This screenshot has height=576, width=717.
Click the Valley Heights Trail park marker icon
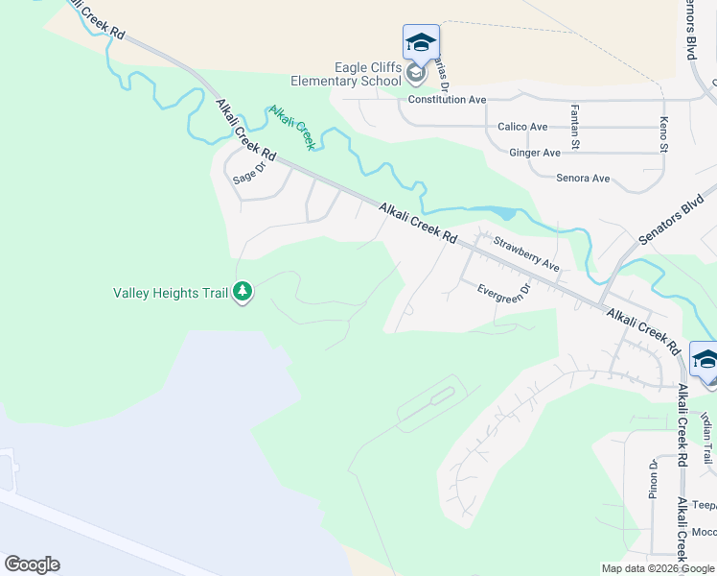(243, 292)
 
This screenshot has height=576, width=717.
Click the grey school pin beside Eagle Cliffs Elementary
(416, 73)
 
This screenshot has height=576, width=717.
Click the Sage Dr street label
(248, 173)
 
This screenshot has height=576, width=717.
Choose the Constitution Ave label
(447, 100)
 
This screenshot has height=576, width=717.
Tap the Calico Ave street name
(522, 127)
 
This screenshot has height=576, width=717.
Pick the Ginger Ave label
(535, 153)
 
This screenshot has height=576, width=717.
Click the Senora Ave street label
(583, 179)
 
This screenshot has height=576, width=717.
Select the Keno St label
(662, 133)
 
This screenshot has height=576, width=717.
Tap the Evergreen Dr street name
(504, 293)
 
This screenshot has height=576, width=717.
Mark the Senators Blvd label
(672, 222)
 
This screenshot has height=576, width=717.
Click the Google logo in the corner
(32, 564)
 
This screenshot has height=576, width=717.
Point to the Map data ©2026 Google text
(659, 568)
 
